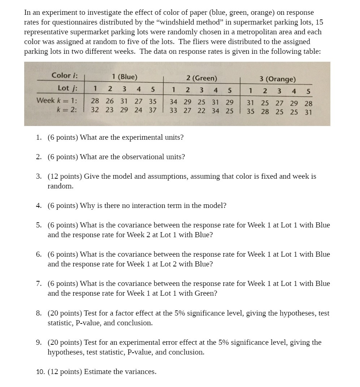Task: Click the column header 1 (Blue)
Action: [125, 77]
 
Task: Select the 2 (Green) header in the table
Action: [201, 78]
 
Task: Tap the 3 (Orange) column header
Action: [277, 79]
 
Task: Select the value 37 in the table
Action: [153, 110]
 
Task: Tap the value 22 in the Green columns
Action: [201, 110]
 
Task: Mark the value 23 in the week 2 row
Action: [110, 110]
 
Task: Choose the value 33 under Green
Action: [173, 110]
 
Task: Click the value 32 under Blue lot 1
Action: [95, 110]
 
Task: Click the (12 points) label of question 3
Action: [65, 177]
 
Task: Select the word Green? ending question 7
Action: [206, 293]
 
